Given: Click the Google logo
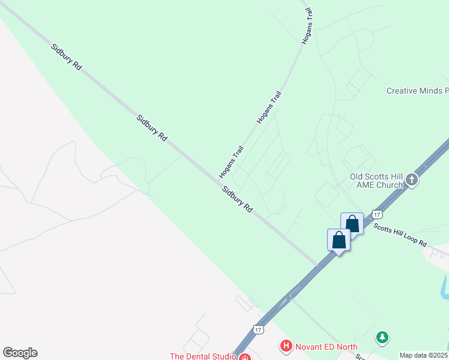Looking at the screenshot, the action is [x=20, y=353].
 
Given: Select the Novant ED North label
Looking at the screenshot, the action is [x=326, y=347].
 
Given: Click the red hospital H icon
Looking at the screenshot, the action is [x=286, y=346].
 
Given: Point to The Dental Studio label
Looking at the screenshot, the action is [x=202, y=356].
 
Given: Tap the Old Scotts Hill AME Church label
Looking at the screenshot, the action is [x=376, y=181].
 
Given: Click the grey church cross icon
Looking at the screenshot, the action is [x=412, y=179].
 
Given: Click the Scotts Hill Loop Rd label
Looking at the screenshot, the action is [x=400, y=235].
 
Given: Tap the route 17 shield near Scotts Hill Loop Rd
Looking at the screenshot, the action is [x=376, y=214].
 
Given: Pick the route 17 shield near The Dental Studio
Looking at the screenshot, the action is [x=258, y=329].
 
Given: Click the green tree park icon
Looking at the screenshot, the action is [x=382, y=338].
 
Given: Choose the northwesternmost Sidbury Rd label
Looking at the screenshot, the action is [x=66, y=58].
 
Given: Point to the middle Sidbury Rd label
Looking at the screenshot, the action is [x=152, y=128].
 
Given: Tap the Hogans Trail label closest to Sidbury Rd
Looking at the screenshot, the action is [x=231, y=162].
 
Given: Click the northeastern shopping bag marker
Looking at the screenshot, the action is [x=352, y=224].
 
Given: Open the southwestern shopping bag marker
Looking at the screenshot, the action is [x=339, y=240].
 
